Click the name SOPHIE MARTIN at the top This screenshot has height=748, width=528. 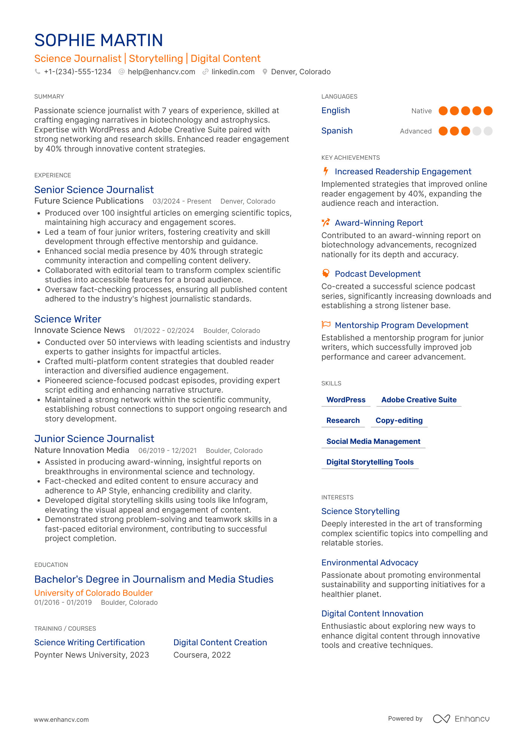pyautogui.click(x=98, y=40)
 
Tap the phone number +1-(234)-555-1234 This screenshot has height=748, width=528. pyautogui.click(x=78, y=72)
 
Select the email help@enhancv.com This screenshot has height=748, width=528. pyautogui.click(x=161, y=72)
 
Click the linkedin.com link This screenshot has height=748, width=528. pyautogui.click(x=233, y=72)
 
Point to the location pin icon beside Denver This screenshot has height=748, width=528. pyautogui.click(x=265, y=72)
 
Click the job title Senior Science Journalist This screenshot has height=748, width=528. pyautogui.click(x=94, y=190)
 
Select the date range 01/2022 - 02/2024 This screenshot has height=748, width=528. pyautogui.click(x=164, y=331)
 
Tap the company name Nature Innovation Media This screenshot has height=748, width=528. pyautogui.click(x=82, y=450)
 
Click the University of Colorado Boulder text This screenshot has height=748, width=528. pyautogui.click(x=94, y=593)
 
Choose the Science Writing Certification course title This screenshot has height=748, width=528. pyautogui.click(x=89, y=642)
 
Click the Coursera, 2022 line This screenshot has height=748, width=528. pyautogui.click(x=202, y=655)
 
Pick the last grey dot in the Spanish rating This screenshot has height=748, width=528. pyautogui.click(x=488, y=131)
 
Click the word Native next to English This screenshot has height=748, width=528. pyautogui.click(x=421, y=111)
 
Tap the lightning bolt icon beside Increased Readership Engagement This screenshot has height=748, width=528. pyautogui.click(x=326, y=171)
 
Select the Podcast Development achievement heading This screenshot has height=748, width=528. pyautogui.click(x=377, y=274)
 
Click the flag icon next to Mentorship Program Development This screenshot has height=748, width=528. pyautogui.click(x=326, y=325)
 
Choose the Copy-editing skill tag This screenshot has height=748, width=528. pyautogui.click(x=399, y=420)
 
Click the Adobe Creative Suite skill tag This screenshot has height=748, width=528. pyautogui.click(x=419, y=400)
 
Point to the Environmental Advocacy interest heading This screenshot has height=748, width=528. pyautogui.click(x=370, y=562)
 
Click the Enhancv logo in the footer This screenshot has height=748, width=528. pyautogui.click(x=461, y=719)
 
